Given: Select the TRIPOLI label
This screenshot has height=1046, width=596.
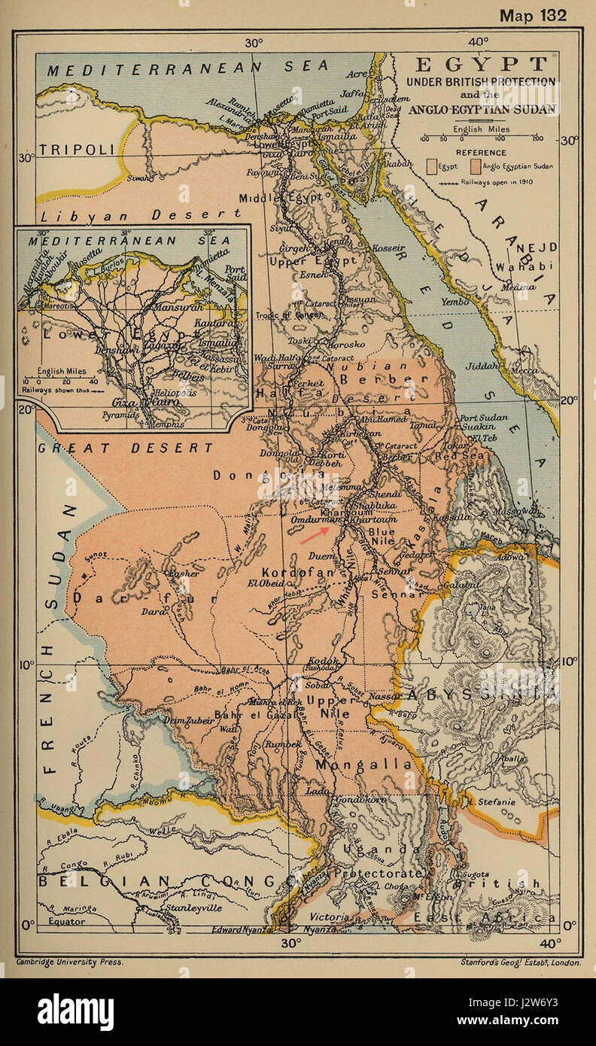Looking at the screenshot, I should [77, 150].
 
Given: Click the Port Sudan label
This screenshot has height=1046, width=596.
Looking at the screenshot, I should [483, 418].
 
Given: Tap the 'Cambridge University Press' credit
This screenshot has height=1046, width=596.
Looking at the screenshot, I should [69, 962].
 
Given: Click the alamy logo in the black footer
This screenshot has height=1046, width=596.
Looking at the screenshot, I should [75, 1012].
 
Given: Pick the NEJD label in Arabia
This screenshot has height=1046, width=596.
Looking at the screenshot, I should [541, 248].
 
